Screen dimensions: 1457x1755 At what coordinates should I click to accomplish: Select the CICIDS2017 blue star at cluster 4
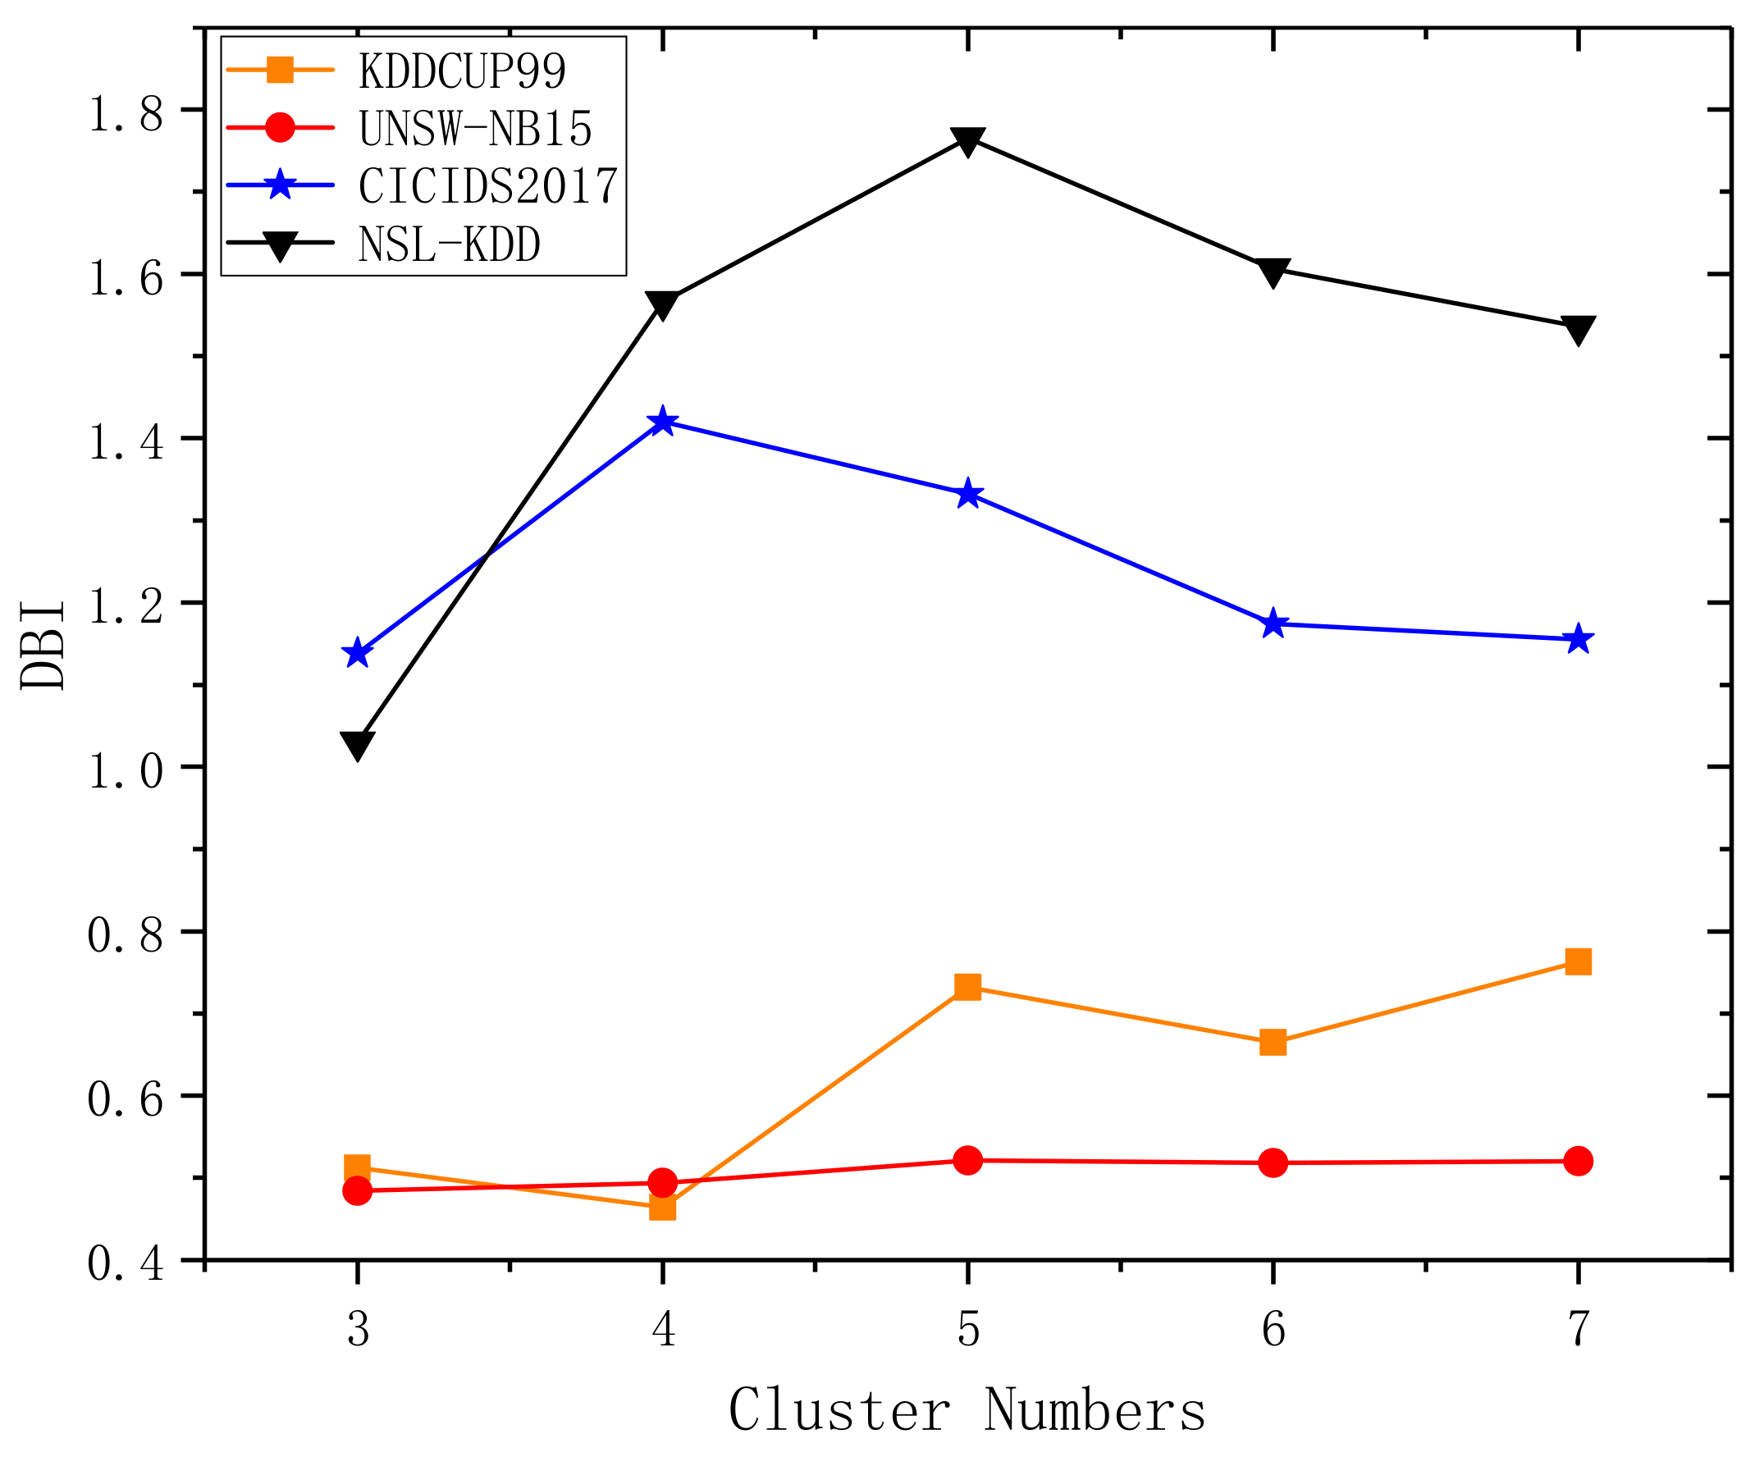(662, 421)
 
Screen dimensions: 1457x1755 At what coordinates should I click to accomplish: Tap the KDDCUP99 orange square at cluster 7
(1578, 961)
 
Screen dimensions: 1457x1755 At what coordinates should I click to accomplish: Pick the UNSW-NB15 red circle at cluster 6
(1273, 1163)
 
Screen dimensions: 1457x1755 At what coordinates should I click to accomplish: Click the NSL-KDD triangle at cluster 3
(357, 744)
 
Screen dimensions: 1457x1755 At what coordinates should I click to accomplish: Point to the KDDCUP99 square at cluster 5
(968, 987)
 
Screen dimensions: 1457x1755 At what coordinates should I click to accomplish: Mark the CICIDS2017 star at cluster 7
(1578, 639)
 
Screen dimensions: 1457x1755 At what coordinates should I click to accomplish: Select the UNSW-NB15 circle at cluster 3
(357, 1190)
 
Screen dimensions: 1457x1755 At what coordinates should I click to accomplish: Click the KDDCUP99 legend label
(462, 71)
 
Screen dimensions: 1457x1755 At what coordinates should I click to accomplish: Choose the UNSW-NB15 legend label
(475, 129)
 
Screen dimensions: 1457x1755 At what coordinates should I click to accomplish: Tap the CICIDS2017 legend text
(488, 185)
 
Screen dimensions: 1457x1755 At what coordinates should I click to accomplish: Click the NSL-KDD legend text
(450, 244)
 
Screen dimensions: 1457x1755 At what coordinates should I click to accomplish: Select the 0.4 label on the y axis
(126, 1265)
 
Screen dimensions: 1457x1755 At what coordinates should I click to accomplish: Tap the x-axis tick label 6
(1273, 1328)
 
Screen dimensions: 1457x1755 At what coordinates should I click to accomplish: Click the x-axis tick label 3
(358, 1328)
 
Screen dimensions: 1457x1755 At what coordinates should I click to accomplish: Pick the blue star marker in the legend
(280, 185)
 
